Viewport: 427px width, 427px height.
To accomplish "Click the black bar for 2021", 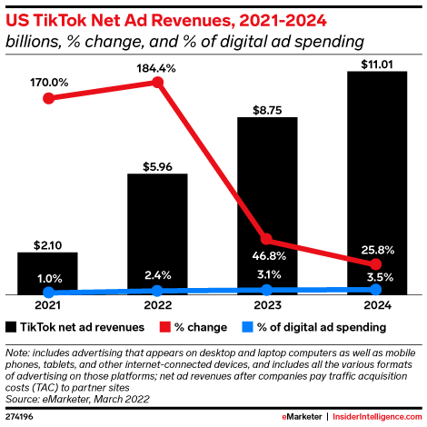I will click(47, 273).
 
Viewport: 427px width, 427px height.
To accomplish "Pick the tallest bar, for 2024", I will click(376, 183).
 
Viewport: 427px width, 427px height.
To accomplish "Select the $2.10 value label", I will click(47, 243).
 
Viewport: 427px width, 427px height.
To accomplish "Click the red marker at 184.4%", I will click(157, 83).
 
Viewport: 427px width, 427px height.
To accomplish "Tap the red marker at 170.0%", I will click(47, 97).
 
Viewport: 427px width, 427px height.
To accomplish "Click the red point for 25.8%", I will click(376, 263).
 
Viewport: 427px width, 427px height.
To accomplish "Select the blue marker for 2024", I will click(376, 290).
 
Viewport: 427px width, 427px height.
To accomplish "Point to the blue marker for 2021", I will click(47, 293).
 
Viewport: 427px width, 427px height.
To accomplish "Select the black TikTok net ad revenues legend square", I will click(11, 326).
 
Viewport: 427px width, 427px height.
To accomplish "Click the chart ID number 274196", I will click(20, 416).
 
